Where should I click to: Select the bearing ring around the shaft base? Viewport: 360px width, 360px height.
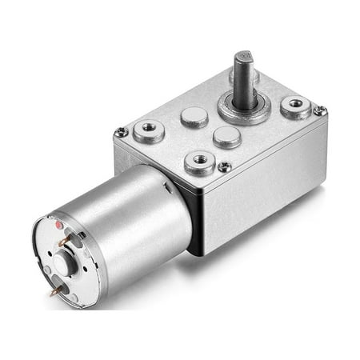click(245, 111)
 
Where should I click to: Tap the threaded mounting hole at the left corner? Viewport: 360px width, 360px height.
click(149, 130)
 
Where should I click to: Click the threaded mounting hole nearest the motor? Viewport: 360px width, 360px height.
click(199, 162)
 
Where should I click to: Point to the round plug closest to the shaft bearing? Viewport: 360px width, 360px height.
click(226, 136)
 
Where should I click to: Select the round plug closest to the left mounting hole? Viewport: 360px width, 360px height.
click(194, 117)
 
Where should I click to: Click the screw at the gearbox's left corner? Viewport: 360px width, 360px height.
click(122, 132)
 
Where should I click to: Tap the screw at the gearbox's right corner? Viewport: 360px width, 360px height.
click(319, 111)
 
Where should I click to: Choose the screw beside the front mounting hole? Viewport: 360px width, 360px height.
click(225, 166)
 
